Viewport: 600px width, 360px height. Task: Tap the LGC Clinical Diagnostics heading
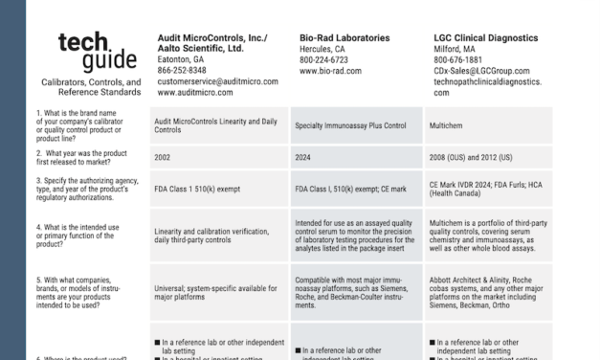(x=485, y=38)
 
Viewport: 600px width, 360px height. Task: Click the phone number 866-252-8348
(x=182, y=70)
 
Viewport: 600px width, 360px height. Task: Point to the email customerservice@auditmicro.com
(x=217, y=81)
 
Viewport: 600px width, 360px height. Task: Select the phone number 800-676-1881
(x=459, y=59)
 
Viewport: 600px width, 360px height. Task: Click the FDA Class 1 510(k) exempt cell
(x=203, y=190)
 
